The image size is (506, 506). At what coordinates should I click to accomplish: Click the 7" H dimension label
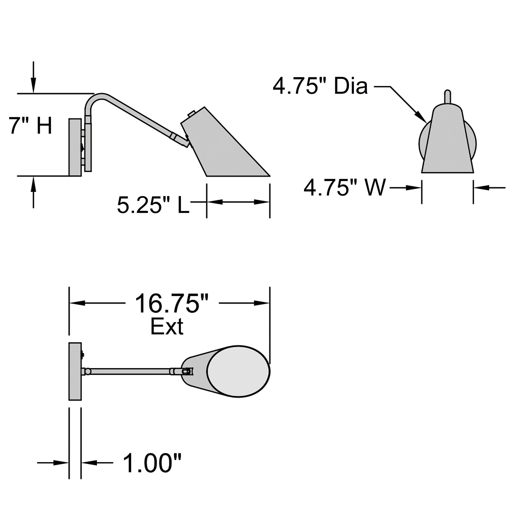pos(30,126)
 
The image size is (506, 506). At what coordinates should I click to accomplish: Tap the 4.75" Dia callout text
pos(320,86)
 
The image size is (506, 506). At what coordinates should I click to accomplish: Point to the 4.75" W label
pos(345,187)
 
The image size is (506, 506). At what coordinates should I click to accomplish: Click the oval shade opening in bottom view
pos(239,371)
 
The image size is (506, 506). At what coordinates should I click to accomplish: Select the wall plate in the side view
pos(75,147)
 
